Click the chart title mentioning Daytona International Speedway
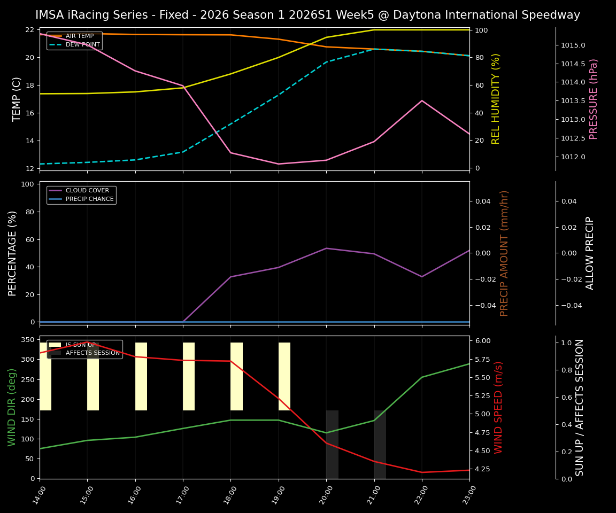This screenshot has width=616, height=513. tap(307, 15)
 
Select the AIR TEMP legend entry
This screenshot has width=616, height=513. tap(79, 36)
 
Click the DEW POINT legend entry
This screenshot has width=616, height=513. tap(82, 45)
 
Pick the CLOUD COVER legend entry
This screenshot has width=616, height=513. tap(87, 191)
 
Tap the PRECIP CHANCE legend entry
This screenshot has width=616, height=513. tap(89, 199)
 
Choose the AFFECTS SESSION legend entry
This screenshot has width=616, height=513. tap(93, 353)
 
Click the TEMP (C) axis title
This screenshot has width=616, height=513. tap(17, 99)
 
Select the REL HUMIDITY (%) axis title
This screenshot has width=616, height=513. tap(496, 99)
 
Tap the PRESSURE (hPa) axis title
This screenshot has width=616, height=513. tap(594, 99)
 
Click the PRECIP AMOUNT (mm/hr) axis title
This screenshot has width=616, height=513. tap(504, 253)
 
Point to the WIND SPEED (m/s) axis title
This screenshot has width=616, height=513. tap(498, 407)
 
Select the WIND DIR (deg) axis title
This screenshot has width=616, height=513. tap(12, 407)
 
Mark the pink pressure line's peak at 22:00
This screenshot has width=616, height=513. tap(422, 100)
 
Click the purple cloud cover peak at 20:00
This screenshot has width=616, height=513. tap(326, 248)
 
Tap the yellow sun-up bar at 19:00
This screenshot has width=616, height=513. tap(284, 376)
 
